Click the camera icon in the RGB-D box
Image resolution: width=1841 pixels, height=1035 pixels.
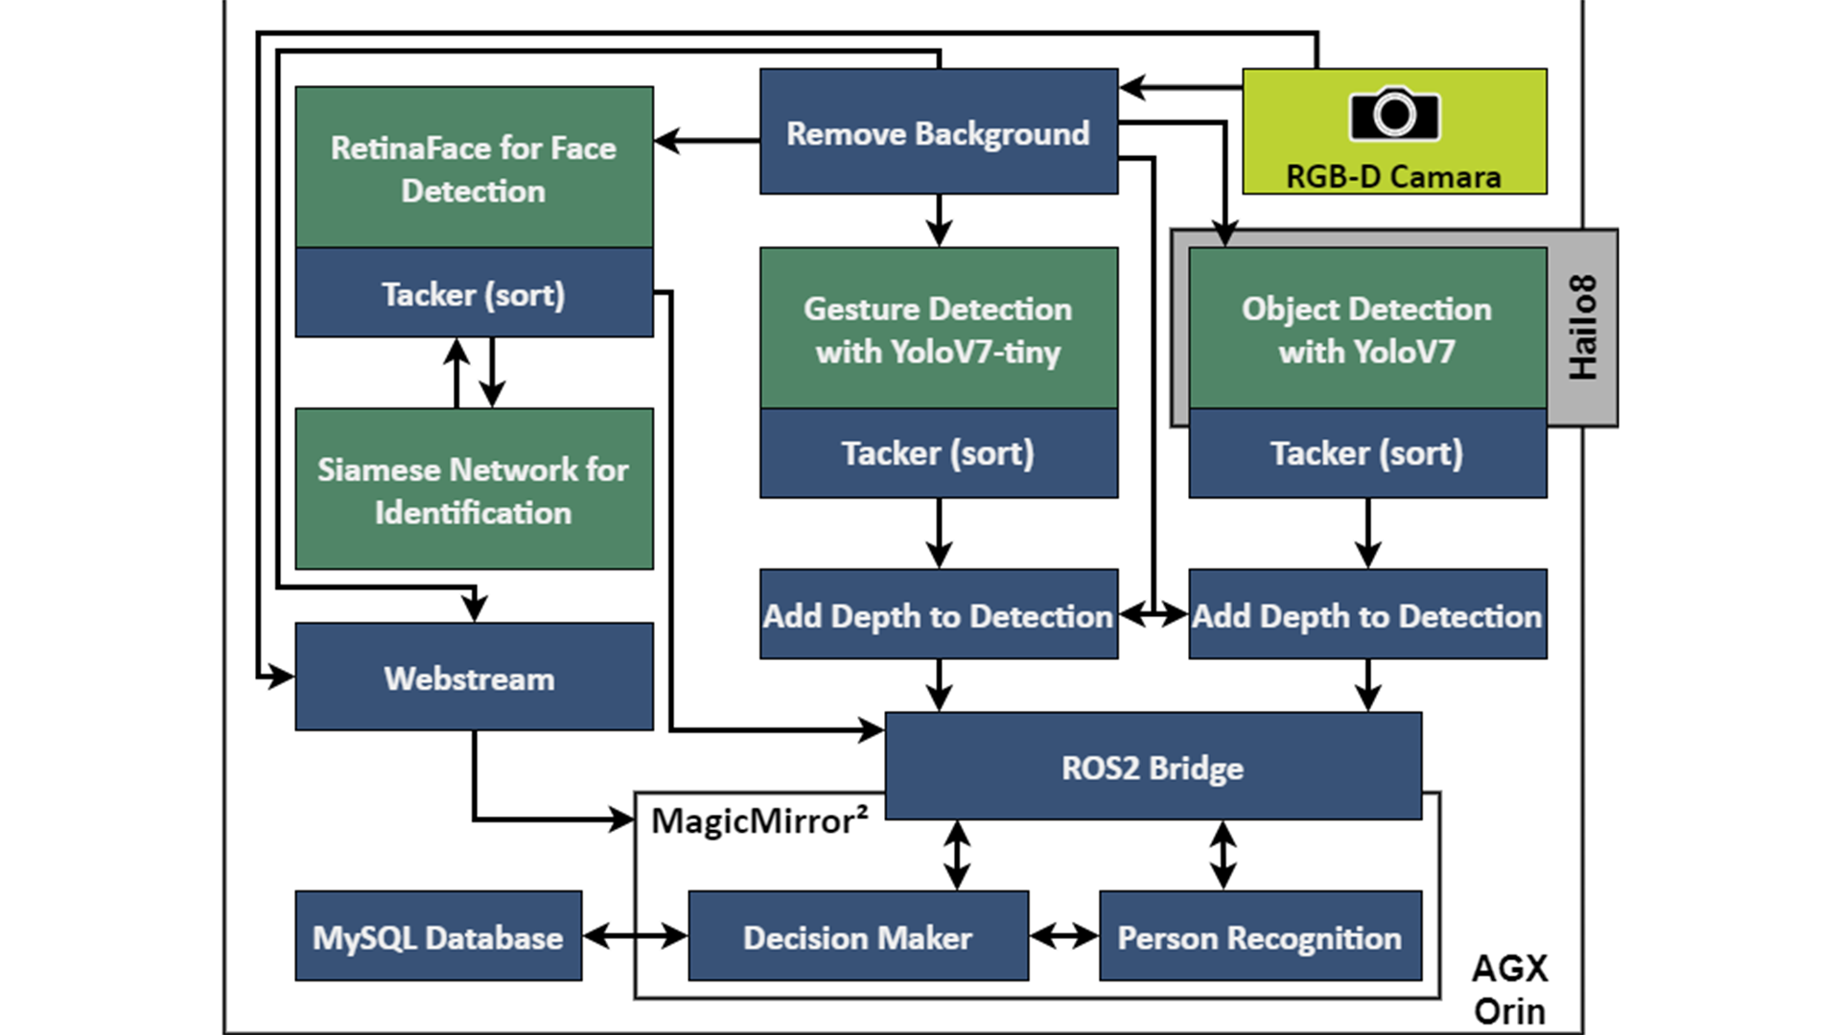(x=1394, y=114)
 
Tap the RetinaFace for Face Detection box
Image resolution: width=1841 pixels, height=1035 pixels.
(x=474, y=168)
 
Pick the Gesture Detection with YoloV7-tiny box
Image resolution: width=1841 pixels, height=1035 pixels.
(x=938, y=329)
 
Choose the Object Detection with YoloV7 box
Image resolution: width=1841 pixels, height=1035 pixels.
(x=1366, y=329)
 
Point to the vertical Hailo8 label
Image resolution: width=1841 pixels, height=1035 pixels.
(x=1583, y=328)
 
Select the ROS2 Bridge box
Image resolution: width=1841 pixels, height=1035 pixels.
(x=1153, y=767)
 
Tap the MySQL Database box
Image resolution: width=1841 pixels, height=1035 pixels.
(x=438, y=936)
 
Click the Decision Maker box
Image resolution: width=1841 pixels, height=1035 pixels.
(x=858, y=936)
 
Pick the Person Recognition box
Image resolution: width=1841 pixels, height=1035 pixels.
(x=1260, y=936)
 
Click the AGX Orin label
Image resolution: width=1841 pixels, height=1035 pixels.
(x=1509, y=989)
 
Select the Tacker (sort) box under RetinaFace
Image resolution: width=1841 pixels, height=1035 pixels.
(x=474, y=293)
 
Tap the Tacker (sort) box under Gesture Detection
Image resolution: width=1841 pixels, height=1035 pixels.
(x=938, y=452)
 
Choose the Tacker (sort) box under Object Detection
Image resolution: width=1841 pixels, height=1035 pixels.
(x=1366, y=452)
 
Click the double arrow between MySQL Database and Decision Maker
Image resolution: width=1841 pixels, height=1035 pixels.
(x=635, y=936)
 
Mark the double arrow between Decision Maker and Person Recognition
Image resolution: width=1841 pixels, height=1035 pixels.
(x=1064, y=936)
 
